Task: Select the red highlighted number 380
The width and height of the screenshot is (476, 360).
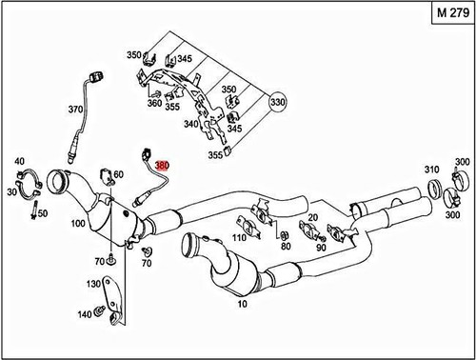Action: [x=162, y=165]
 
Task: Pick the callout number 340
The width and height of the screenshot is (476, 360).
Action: [x=191, y=123]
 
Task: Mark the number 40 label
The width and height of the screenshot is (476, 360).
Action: [x=18, y=163]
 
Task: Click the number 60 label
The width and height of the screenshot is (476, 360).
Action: [x=119, y=174]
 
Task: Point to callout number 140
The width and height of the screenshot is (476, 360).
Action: [x=84, y=313]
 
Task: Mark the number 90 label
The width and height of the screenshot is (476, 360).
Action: [x=322, y=248]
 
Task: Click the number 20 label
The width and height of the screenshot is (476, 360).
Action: [x=312, y=216]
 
